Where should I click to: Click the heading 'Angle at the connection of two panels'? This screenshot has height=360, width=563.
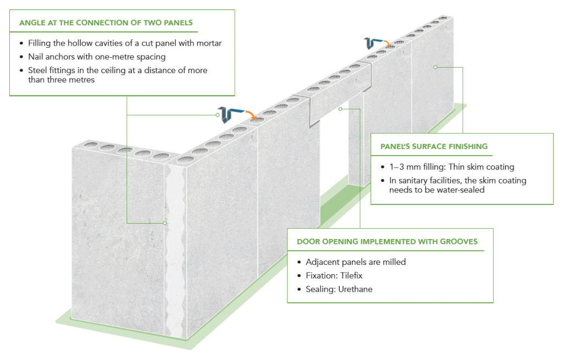point(106,23)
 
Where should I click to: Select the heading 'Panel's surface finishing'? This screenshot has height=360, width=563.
point(434,147)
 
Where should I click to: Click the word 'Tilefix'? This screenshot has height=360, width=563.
point(350,276)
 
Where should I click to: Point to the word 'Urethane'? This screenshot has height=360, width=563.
point(355,289)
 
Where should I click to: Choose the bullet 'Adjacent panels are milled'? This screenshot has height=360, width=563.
point(355,262)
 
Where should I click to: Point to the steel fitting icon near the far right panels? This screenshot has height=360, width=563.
point(372,43)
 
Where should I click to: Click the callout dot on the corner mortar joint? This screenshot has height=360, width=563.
point(165,223)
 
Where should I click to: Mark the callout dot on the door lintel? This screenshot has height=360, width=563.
point(341,109)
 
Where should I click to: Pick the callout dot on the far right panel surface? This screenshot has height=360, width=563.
point(435,67)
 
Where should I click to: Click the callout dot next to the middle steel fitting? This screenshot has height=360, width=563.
point(218,115)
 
